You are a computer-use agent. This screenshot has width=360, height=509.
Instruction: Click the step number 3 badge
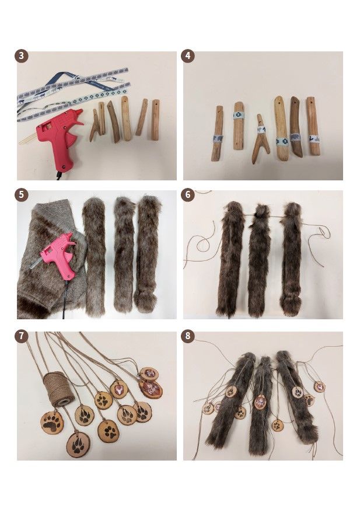point(22,56)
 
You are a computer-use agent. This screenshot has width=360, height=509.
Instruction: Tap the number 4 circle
point(188,56)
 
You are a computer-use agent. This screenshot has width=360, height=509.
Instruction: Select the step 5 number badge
point(22,195)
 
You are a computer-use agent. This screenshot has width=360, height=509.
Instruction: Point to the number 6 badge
point(188,195)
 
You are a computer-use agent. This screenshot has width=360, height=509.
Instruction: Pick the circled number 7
point(22,336)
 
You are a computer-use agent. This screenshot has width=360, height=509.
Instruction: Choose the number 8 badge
point(188,336)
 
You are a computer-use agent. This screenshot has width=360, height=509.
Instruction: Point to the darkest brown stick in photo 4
point(296,127)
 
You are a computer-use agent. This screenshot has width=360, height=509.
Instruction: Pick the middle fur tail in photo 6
point(259,260)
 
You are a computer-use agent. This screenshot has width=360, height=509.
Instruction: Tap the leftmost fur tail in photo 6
point(231,259)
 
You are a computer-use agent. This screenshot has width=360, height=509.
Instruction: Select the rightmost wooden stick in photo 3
point(155,120)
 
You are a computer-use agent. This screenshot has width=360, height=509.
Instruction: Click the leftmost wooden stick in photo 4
point(218,134)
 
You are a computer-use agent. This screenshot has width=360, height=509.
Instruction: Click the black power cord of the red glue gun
point(59,176)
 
